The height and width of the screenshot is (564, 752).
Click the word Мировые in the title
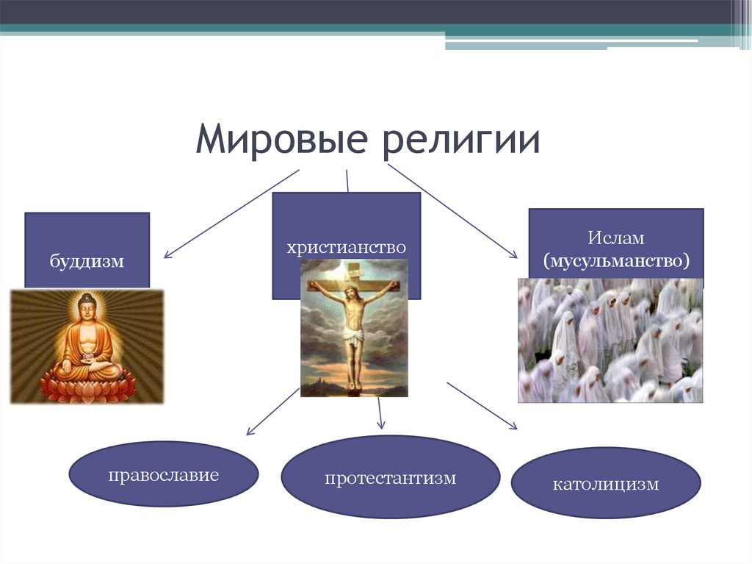[281, 138]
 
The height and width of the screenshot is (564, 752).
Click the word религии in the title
[461, 140]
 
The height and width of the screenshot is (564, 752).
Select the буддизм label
[87, 261]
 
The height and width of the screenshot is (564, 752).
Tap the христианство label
[347, 247]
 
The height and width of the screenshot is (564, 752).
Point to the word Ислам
[616, 238]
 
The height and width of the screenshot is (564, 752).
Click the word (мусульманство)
[616, 261]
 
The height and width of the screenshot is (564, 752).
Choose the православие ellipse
[164, 474]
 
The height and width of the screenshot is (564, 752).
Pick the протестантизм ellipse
[391, 477]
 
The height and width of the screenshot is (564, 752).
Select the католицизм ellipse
[606, 483]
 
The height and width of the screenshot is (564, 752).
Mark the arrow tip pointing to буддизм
[164, 258]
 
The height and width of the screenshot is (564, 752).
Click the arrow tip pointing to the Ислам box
[518, 258]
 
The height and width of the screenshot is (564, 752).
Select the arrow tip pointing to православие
[247, 435]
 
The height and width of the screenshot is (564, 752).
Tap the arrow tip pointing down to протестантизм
[382, 428]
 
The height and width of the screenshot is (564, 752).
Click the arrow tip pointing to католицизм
[518, 429]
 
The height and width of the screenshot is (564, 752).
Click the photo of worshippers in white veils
[610, 340]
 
